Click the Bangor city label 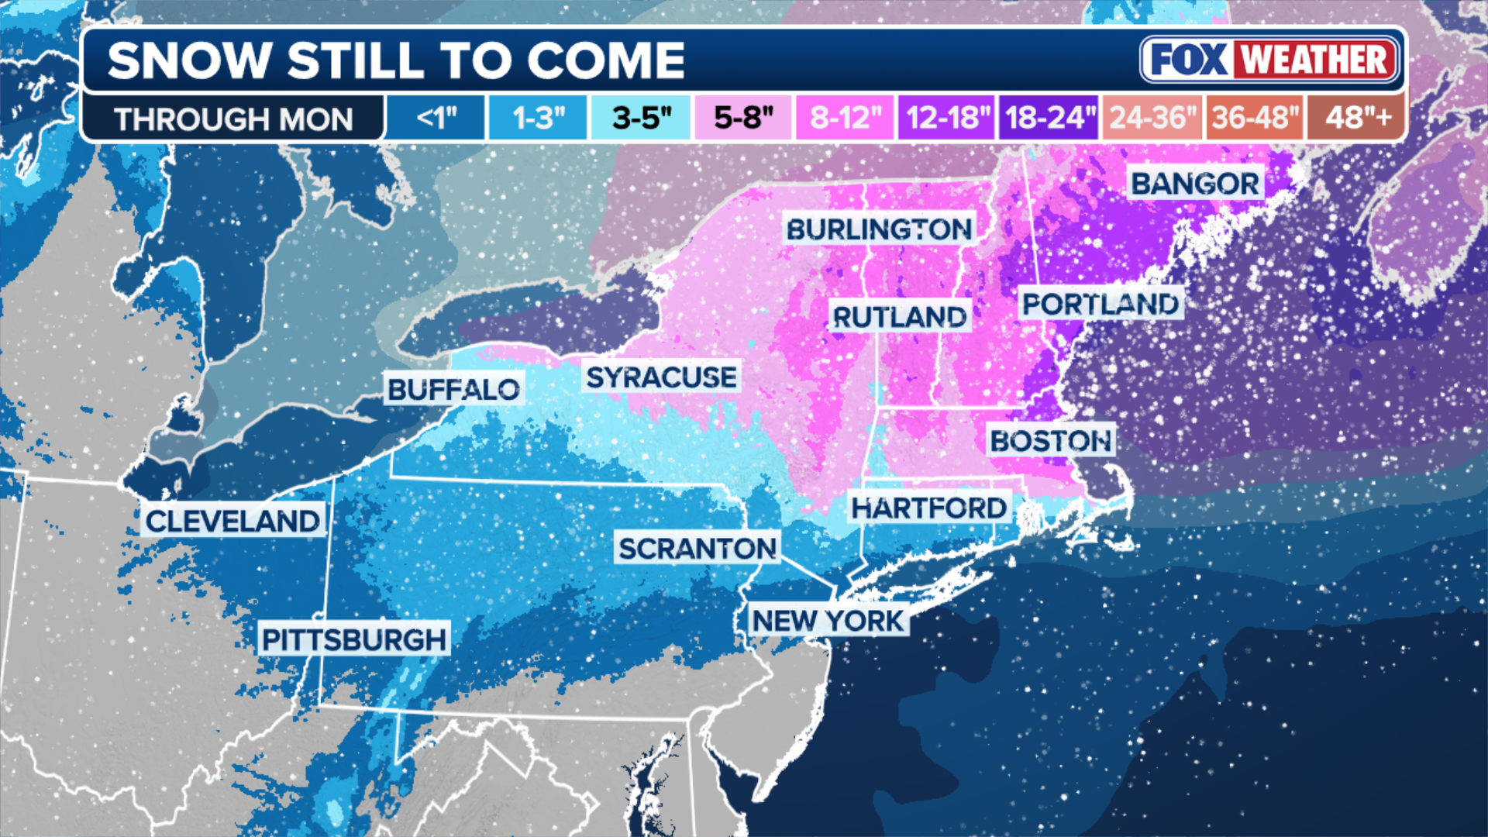[x=1195, y=184]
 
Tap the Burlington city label [x=879, y=229]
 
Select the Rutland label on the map [x=899, y=316]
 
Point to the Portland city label [x=1100, y=304]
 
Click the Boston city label [x=1051, y=440]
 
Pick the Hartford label [x=928, y=508]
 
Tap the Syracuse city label [x=661, y=377]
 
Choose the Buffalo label [x=453, y=389]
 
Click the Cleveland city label [x=232, y=521]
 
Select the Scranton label [x=697, y=549]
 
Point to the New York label [x=828, y=620]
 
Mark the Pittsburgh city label [x=354, y=639]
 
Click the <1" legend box [x=436, y=118]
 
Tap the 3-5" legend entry [x=641, y=118]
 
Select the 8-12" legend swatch [x=845, y=118]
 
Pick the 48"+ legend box [x=1357, y=118]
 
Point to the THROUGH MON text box [x=232, y=119]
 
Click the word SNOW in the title [x=189, y=60]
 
